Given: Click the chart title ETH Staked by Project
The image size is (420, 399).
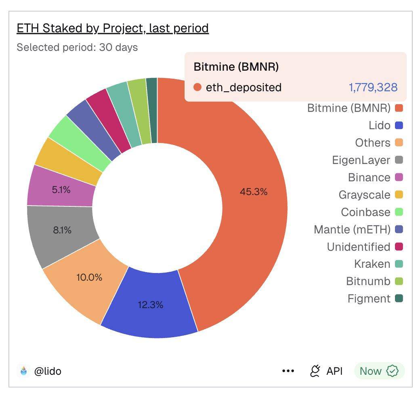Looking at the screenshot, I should pos(112,28).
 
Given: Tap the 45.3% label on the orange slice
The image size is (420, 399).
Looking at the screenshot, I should pos(254,192).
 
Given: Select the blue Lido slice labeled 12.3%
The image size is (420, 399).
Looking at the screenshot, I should pos(150,305).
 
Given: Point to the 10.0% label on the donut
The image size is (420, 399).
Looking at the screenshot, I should pos(89,277).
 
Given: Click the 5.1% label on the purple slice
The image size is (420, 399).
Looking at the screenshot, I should pos(61,189).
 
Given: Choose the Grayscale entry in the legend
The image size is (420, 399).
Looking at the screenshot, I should pos(364,195).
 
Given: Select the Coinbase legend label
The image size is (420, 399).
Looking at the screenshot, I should pos(365,212).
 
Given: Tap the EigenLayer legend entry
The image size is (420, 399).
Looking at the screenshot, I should pos(361,160).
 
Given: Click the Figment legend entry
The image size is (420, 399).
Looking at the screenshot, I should pos(369,299).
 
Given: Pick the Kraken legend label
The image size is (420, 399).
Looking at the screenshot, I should pos(372,264).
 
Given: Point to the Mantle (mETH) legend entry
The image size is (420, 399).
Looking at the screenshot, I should pos(352,230).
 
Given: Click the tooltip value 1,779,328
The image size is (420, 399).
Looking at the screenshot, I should pos(373,87).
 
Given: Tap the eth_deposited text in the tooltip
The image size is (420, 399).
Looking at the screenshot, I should pos(244,87).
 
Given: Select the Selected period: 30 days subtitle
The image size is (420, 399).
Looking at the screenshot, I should pos(77,47).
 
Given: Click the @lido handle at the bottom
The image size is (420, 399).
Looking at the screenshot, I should pos(48,371).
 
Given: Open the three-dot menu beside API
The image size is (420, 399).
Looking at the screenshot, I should pos(288,371).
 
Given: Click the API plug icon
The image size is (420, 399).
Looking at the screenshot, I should pos(315,371).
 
